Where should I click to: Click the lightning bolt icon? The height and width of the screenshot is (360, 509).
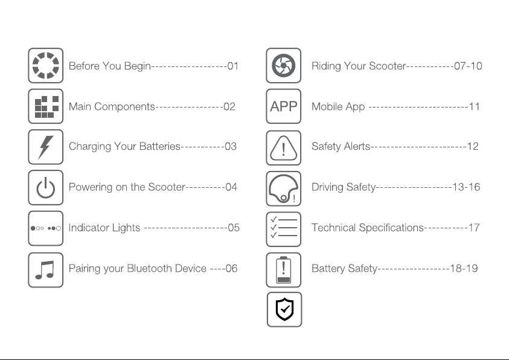[x=46, y=146]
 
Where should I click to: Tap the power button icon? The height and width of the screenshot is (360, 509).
[x=46, y=187]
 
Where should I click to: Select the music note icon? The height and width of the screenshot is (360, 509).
[x=46, y=269]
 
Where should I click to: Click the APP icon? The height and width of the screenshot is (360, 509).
[x=284, y=106]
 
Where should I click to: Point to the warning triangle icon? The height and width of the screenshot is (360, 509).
[x=284, y=147]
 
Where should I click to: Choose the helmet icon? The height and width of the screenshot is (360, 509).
[x=284, y=188]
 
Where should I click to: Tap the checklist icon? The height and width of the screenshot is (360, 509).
[x=284, y=228]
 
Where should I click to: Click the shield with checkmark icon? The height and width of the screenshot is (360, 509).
[x=284, y=309]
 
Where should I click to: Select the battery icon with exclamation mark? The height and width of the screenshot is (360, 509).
[x=284, y=269]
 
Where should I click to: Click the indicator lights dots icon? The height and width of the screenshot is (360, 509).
[x=46, y=228]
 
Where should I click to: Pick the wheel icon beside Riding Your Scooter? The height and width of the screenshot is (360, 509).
[x=284, y=65]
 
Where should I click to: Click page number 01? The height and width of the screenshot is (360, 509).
[x=233, y=66]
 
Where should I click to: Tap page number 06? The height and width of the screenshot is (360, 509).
[x=231, y=268]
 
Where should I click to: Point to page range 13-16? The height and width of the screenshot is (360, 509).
[x=467, y=187]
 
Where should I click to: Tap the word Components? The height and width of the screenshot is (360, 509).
[x=125, y=107]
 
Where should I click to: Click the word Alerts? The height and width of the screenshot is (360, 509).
[x=355, y=147]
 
